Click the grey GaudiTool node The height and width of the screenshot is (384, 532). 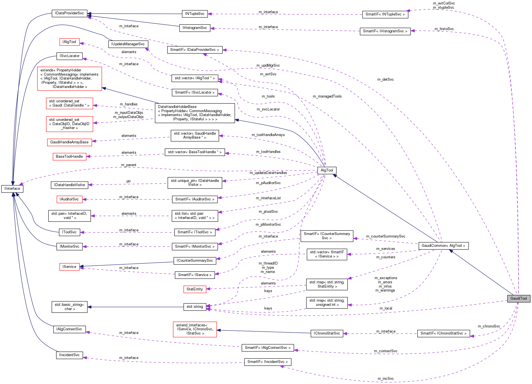click(518, 299)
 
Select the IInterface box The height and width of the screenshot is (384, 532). click(12, 189)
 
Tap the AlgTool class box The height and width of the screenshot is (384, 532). click(327, 170)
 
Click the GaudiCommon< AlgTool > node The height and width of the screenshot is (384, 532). click(443, 246)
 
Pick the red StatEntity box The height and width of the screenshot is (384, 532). click(194, 289)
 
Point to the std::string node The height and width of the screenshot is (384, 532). click(194, 307)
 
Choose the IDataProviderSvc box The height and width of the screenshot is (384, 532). click(69, 13)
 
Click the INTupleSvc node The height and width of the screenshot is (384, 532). click(194, 14)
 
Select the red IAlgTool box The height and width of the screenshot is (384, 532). click(69, 42)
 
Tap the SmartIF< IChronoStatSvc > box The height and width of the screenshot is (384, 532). click(443, 333)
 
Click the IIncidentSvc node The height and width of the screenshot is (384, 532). click(69, 355)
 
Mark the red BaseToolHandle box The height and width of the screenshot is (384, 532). click(69, 157)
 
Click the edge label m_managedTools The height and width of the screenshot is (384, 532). click(327, 96)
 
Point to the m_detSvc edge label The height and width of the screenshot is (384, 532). click(385, 80)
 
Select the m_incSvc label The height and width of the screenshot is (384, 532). click(385, 379)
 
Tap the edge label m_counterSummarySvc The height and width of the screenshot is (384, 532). click(385, 236)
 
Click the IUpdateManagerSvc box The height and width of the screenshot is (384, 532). click(128, 44)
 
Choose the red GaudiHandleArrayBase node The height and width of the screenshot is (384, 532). click(69, 142)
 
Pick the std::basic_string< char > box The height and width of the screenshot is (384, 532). click(69, 307)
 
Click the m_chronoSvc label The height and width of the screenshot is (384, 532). click(489, 326)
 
